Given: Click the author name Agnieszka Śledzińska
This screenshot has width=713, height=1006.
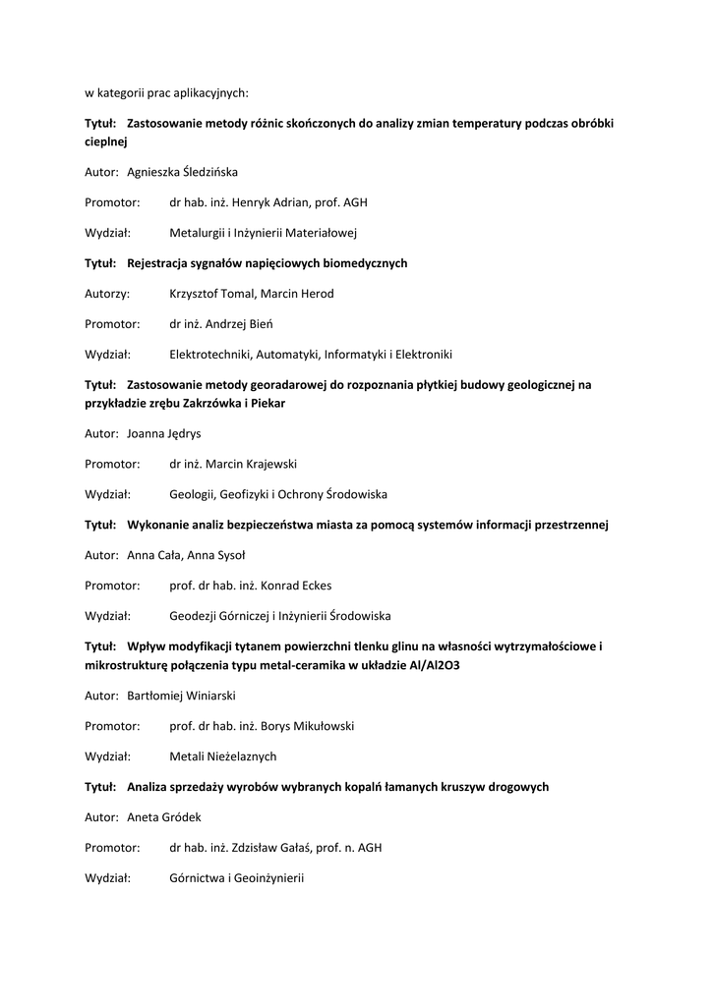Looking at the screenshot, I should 182,172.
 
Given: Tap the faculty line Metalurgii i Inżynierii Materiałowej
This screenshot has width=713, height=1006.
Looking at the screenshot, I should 263,233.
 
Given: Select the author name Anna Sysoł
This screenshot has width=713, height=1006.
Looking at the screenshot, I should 208,555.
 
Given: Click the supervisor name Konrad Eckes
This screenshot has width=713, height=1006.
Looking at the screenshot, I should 296,586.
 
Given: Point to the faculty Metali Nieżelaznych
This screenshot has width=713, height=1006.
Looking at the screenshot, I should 223,756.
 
